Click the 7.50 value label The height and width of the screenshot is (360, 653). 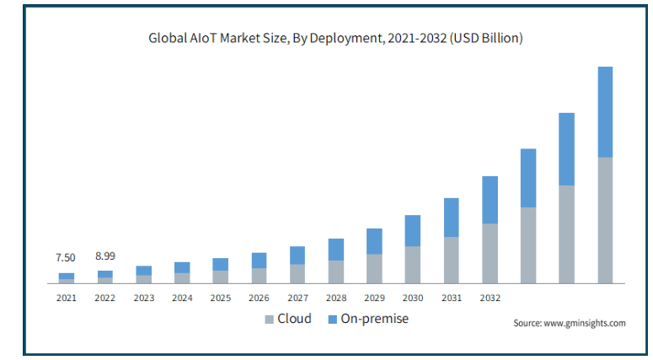66,257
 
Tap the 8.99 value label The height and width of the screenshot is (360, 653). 105,255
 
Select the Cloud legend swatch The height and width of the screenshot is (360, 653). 269,320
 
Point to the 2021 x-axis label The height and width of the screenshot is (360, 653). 67,298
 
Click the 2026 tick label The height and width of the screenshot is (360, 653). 259,298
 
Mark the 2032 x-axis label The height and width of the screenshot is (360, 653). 490,298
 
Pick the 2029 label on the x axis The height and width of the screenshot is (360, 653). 374,298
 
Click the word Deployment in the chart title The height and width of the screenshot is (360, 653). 350,38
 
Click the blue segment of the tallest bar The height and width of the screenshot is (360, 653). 605,111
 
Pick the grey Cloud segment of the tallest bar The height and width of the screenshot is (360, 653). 605,219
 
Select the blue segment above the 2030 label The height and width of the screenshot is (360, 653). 413,230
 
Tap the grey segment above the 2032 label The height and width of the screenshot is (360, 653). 490,253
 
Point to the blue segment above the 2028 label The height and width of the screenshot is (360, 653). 335,250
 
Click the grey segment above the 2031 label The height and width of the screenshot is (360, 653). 451,260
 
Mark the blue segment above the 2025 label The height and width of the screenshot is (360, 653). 221,264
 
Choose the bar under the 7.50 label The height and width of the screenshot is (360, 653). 67,277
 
